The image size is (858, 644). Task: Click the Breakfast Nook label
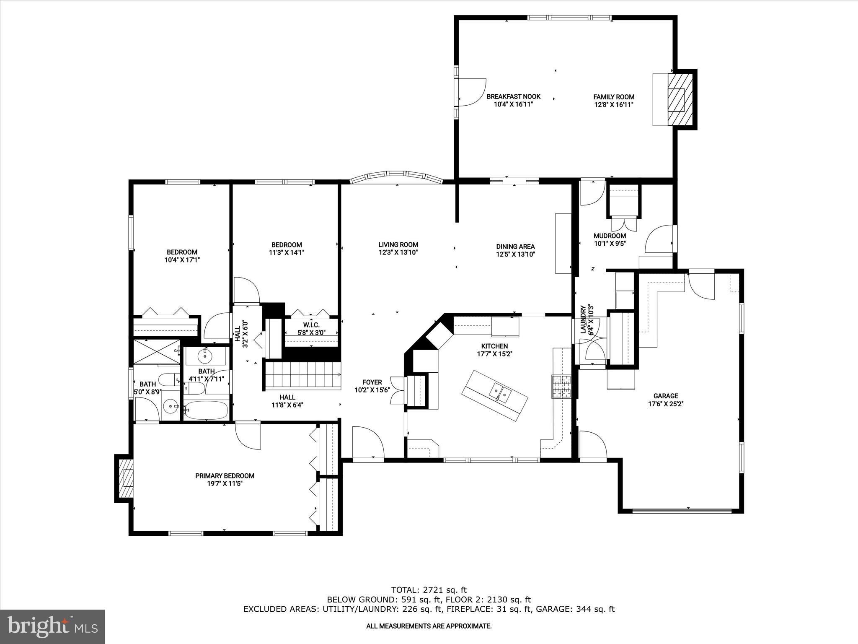[x=513, y=96]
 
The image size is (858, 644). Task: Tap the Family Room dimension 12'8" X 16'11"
[x=613, y=105]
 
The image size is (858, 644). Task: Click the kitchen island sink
[x=501, y=392]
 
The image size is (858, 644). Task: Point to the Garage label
[x=666, y=396]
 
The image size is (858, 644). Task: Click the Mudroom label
[x=610, y=236]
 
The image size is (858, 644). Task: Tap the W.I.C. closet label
[x=311, y=325]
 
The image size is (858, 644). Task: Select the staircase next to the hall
[x=302, y=375]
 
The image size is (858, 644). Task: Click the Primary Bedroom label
[x=225, y=476]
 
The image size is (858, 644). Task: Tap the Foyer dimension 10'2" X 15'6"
[x=372, y=390]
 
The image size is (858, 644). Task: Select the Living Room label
[x=398, y=245]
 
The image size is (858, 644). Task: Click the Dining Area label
[x=515, y=247]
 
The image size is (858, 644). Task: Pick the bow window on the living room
[x=396, y=177]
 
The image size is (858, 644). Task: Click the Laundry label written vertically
[x=583, y=319]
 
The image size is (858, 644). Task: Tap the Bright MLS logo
[x=52, y=626]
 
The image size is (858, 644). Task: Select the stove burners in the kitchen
[x=561, y=386]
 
